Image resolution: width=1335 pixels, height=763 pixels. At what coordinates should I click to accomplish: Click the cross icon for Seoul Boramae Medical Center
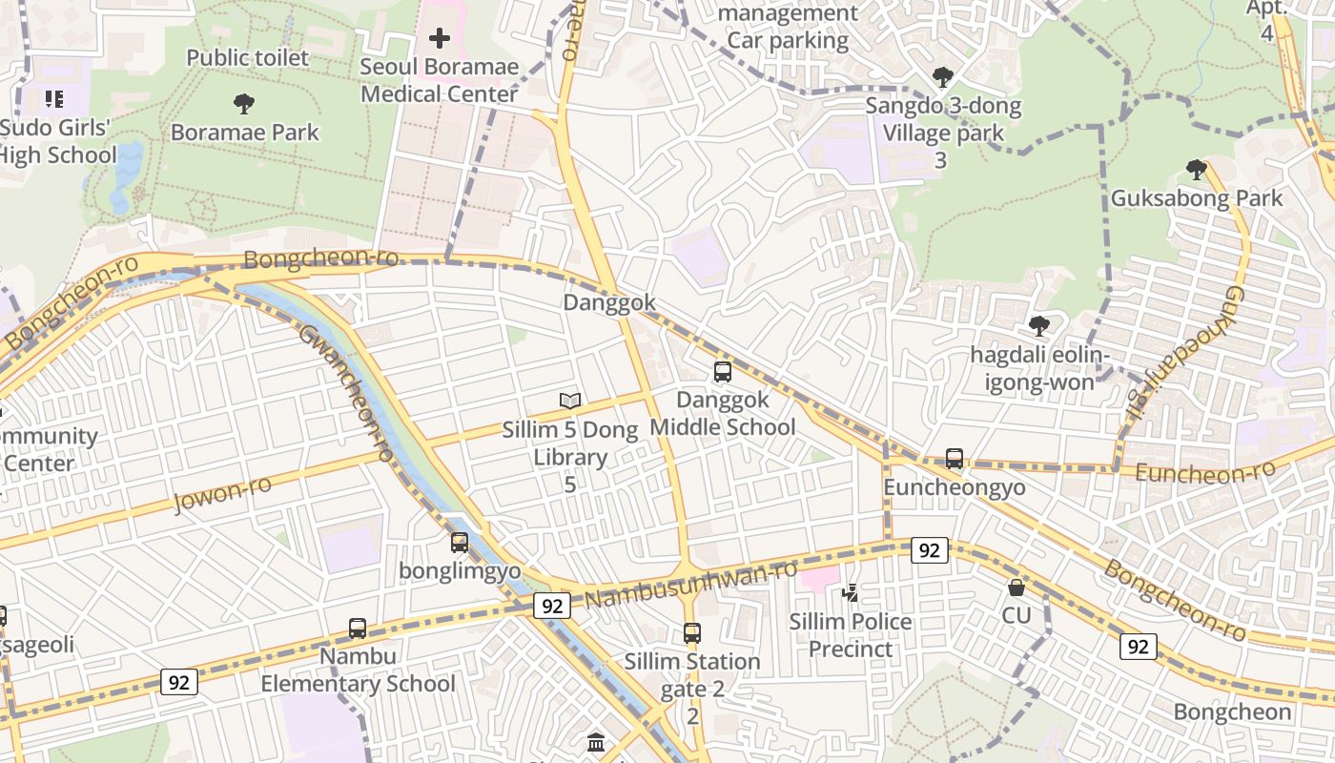click(439, 38)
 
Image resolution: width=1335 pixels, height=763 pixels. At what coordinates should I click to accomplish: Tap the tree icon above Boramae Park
click(244, 103)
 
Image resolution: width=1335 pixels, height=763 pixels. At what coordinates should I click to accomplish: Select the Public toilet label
click(247, 57)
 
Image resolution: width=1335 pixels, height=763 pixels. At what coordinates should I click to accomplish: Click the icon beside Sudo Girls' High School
click(53, 98)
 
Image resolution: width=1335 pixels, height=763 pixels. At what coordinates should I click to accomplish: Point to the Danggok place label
click(609, 302)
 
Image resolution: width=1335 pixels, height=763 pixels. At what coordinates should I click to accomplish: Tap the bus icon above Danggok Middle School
click(723, 372)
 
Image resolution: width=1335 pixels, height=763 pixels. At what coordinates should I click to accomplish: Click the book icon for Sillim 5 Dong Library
click(570, 402)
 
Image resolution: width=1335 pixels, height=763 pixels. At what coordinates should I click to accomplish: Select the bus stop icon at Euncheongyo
click(955, 459)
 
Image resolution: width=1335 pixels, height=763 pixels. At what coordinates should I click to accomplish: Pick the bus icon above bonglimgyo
click(460, 543)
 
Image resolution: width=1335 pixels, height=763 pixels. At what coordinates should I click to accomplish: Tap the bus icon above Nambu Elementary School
click(358, 629)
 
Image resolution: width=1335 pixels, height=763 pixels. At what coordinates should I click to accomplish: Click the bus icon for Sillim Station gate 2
click(692, 632)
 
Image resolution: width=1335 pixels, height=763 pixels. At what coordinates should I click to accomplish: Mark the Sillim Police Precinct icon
click(850, 593)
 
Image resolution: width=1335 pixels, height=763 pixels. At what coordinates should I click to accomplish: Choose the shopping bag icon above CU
click(1017, 588)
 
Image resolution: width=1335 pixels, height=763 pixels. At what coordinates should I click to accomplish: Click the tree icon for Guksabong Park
click(1196, 170)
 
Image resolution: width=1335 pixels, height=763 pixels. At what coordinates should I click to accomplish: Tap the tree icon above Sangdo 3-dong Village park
click(942, 76)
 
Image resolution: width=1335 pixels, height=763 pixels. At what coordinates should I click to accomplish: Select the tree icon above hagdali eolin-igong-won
click(1039, 326)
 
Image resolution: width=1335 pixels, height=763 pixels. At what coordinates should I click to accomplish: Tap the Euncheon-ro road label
click(1205, 472)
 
